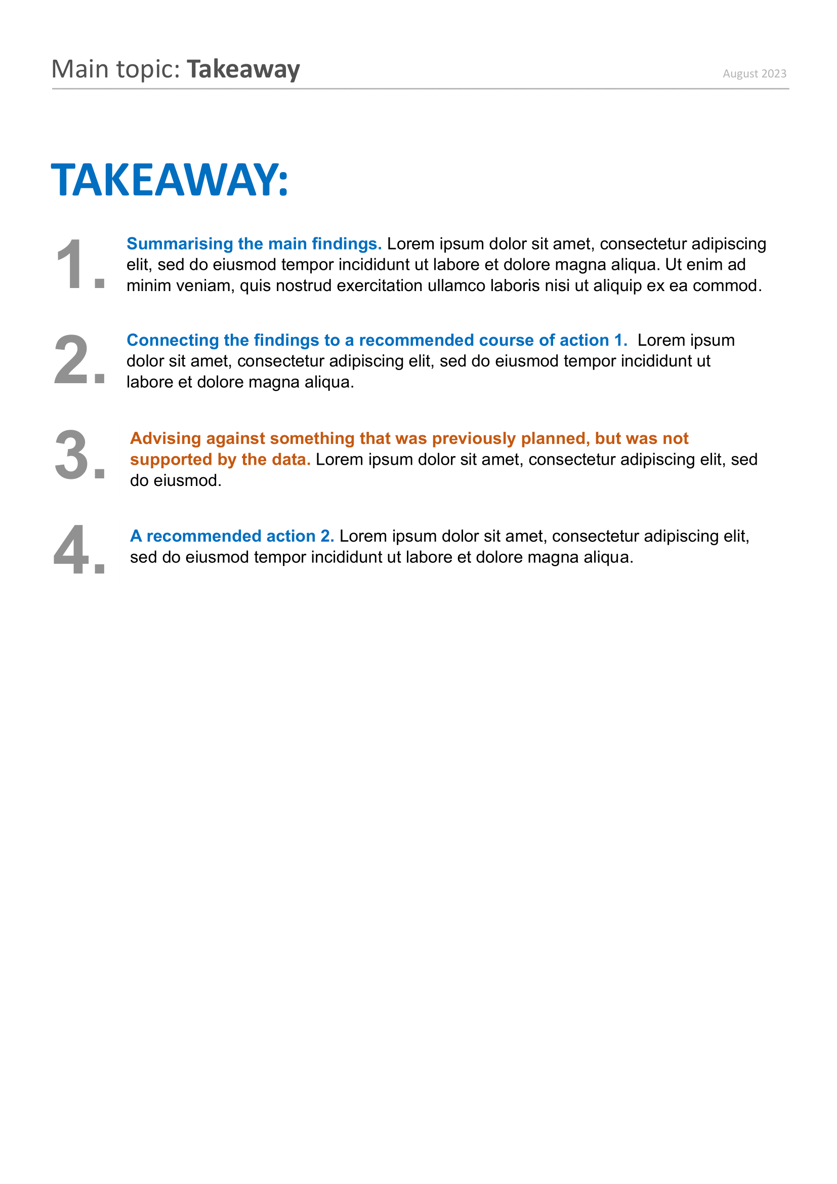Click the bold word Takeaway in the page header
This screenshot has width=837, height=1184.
243,69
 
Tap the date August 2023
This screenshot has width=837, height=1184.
754,74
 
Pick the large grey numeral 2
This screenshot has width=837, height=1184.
72,360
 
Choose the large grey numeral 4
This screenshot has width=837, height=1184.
72,550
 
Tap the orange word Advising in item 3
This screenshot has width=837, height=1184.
165,438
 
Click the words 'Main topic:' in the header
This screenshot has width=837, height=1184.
115,69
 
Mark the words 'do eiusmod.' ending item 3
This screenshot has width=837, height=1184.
175,480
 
